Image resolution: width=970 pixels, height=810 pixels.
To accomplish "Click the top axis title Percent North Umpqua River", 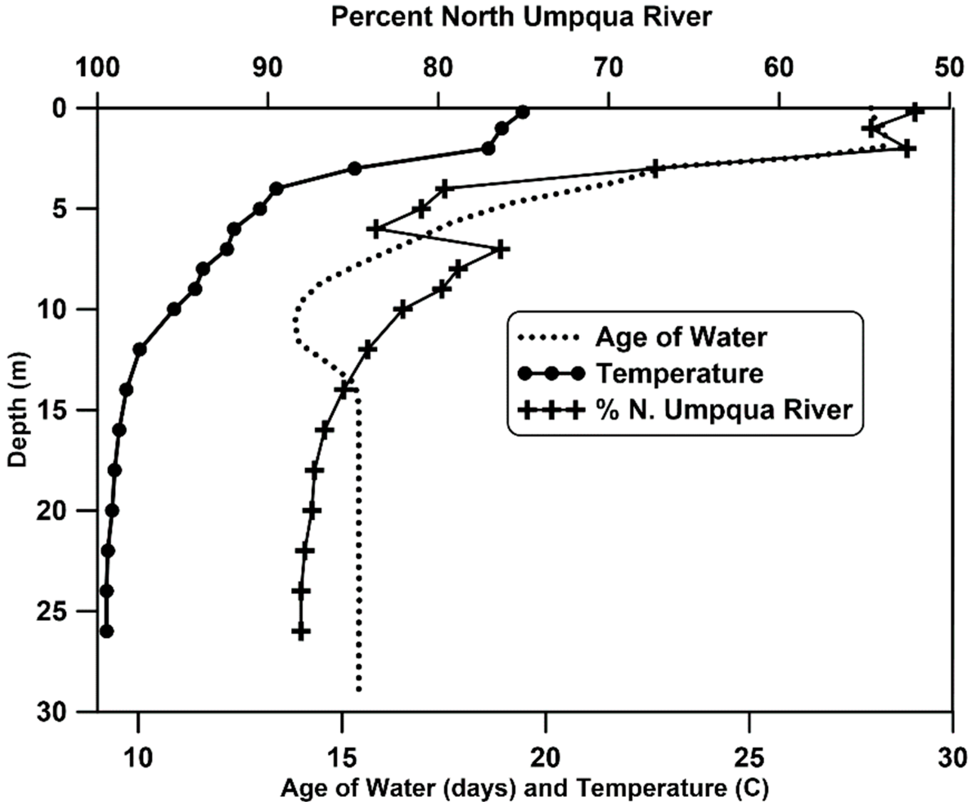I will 522,18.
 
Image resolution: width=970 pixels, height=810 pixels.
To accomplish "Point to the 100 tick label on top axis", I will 98,68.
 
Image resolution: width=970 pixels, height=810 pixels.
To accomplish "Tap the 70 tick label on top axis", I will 609,68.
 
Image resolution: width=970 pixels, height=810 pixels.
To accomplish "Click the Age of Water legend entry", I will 681,337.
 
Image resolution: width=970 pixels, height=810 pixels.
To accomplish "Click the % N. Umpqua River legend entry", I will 723,410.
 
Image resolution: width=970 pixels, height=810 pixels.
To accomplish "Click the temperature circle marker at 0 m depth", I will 523,112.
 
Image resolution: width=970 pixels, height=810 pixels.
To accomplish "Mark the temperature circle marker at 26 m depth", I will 107,631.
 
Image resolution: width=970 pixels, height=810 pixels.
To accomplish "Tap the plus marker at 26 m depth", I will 301,631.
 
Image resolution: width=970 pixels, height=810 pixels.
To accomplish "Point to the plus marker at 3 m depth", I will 655,168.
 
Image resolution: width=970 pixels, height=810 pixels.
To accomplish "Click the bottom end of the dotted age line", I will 359,690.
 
